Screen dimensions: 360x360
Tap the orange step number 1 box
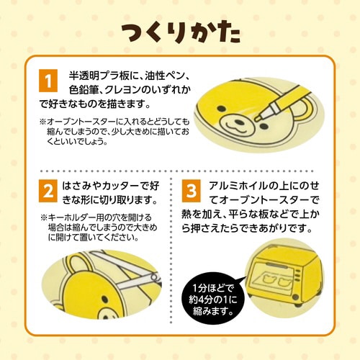[48, 79]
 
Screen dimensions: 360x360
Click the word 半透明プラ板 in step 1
[96, 76]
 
